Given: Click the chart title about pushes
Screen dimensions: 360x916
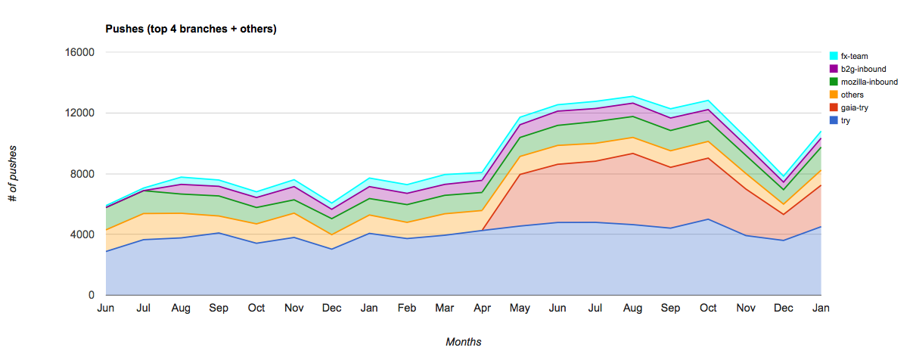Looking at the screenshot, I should (190, 29).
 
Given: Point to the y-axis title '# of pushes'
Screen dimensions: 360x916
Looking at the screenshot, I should (13, 174).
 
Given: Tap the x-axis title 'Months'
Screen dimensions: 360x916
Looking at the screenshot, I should (463, 342).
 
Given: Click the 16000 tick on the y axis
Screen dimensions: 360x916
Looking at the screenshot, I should (79, 53).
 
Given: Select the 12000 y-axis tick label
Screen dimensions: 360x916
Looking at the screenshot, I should (79, 113).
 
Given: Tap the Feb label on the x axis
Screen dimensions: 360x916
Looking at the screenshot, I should (407, 309).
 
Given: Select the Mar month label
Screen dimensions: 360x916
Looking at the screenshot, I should (444, 309).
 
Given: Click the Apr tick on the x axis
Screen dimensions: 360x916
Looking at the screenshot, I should (482, 309).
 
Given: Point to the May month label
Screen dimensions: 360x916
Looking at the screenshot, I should (520, 309).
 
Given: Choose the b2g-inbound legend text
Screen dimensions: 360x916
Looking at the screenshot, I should (863, 69).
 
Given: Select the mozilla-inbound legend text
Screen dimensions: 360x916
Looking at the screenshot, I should (869, 82).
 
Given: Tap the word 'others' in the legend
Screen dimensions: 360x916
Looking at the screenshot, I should (852, 95).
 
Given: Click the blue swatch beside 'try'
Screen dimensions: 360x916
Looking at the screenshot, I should (834, 120).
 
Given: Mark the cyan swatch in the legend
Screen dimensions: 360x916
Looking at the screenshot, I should (834, 56).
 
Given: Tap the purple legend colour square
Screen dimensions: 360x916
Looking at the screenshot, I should (834, 69).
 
